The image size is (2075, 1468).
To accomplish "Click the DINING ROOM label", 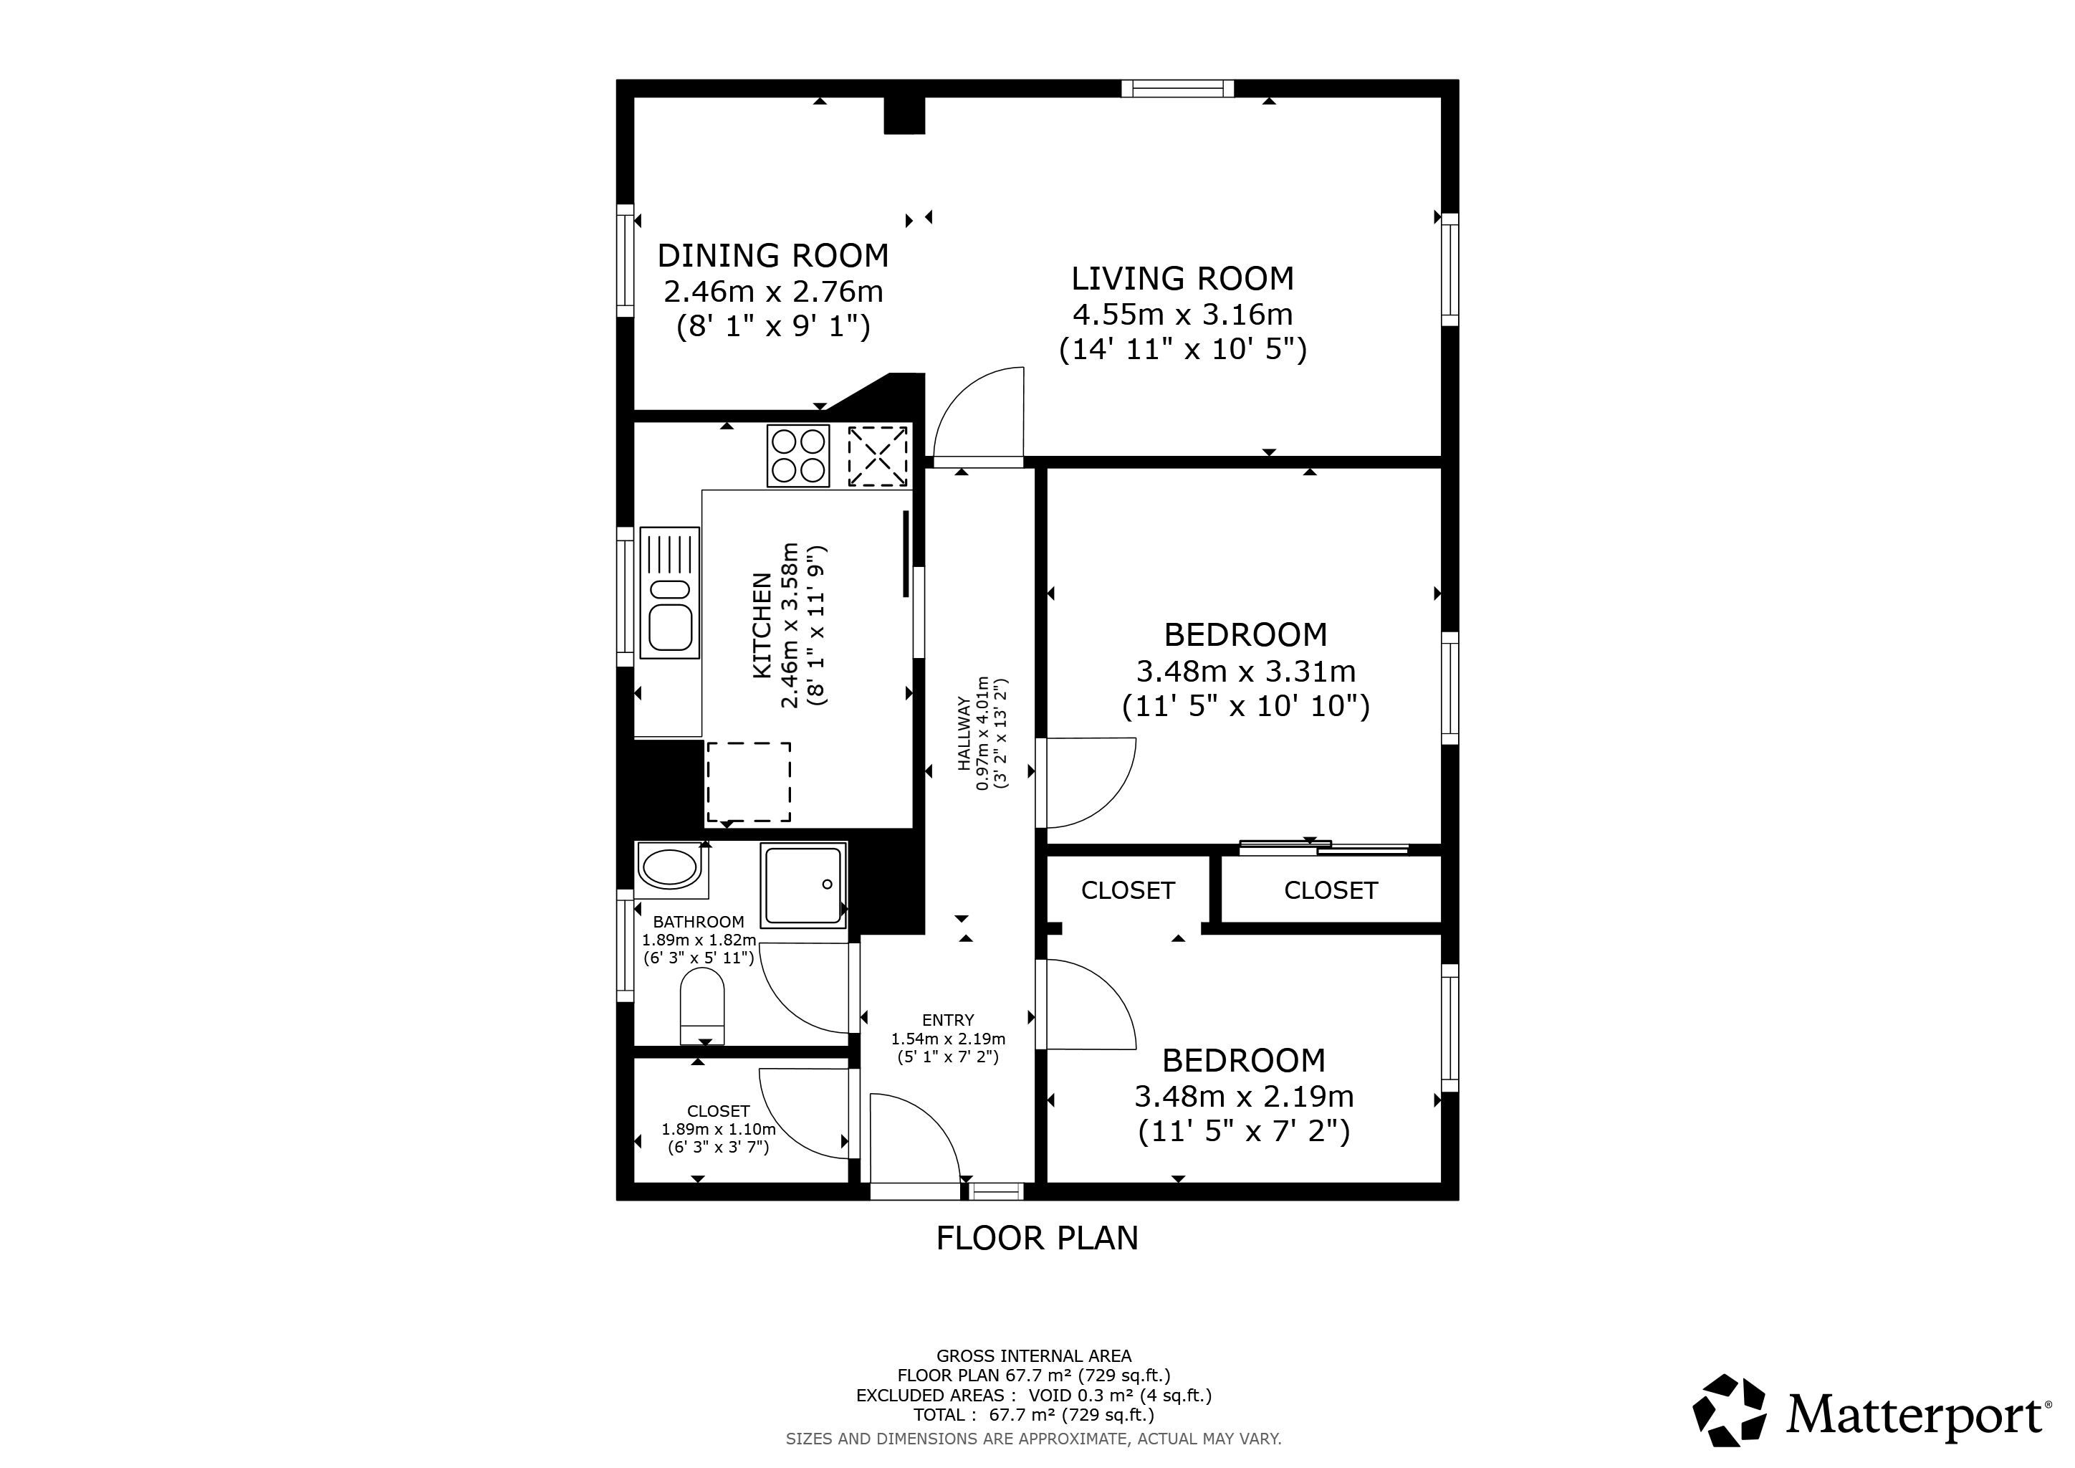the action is coord(772,256).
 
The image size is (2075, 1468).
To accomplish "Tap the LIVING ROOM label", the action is coord(1182,278).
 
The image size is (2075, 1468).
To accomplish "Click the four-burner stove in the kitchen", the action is coord(798,456).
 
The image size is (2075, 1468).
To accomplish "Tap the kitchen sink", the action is coord(670,592).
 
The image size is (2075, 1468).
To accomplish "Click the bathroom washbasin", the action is coord(670,868).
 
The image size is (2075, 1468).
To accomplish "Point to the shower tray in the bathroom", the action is coord(803,886).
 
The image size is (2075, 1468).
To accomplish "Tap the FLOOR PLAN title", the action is coord(1037,1237).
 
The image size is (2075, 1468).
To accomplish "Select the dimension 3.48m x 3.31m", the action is coord(1245,672).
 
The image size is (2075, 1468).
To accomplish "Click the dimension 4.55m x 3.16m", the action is coord(1182,315).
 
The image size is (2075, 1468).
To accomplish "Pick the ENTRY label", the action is coord(948,1021).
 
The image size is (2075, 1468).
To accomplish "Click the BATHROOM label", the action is coord(699,922).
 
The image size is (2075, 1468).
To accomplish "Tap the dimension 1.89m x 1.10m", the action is coord(719,1129).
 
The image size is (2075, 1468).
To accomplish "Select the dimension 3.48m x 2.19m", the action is coord(1244,1097).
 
